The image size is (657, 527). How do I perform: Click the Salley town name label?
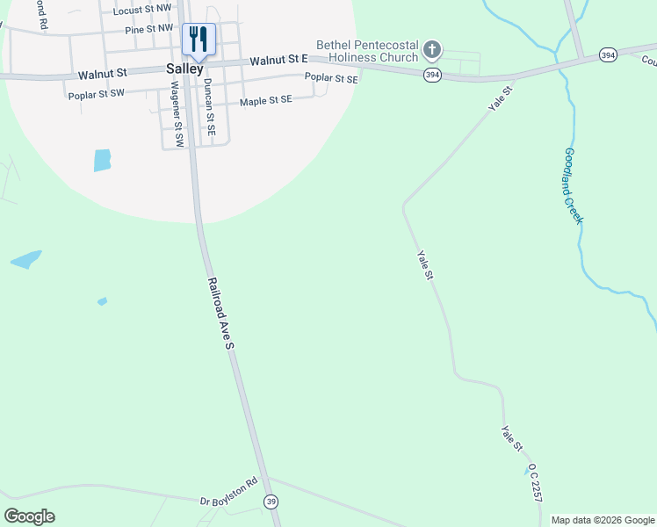184,69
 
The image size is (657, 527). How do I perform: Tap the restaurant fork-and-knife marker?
199,39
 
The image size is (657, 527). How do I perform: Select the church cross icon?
431,49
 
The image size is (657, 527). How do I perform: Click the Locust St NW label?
142,9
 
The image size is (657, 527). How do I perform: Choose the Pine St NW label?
148,29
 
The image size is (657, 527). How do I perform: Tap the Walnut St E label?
278,61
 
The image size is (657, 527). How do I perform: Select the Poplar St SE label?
331,78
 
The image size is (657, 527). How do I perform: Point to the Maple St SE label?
265,101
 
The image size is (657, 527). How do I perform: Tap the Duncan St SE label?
209,110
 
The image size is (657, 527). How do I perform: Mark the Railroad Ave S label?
220,314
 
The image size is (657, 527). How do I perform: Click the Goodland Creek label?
574,184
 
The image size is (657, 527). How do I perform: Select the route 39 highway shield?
271,502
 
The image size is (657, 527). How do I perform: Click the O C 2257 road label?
535,483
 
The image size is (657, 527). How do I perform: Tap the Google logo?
29,516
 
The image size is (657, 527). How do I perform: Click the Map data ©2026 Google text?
603,520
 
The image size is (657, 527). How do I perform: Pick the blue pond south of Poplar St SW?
103,160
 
